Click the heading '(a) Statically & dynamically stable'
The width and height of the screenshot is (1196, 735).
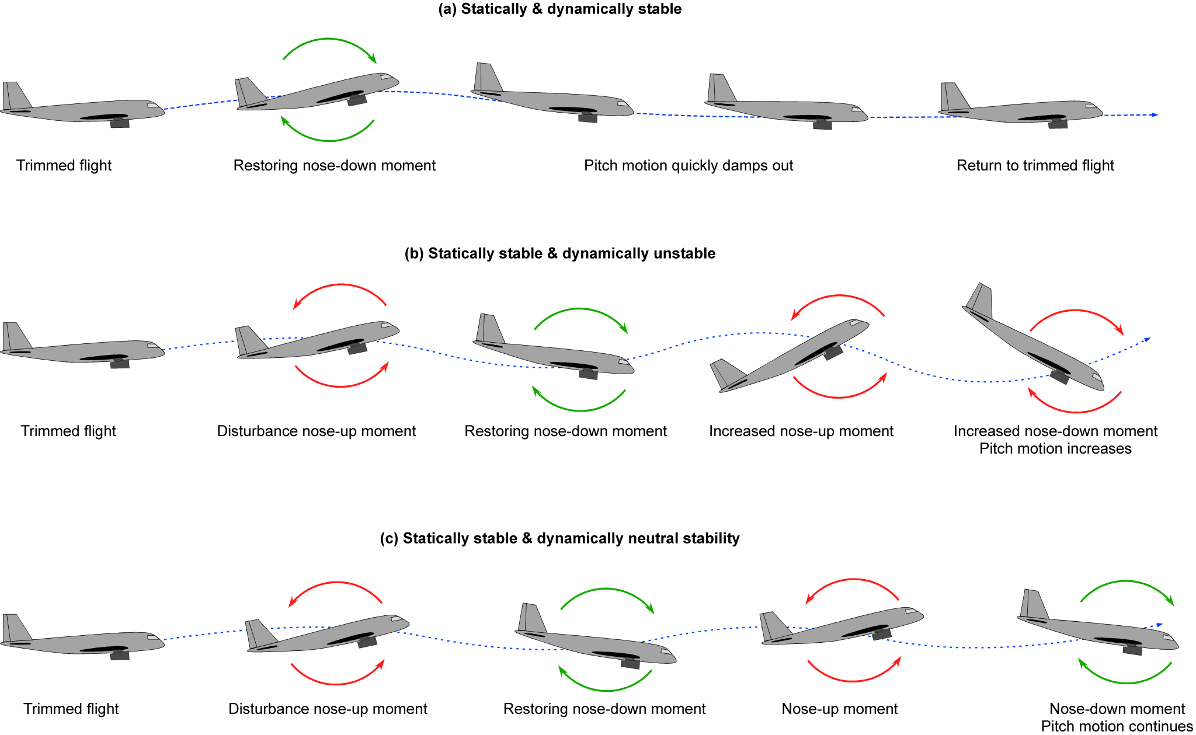559,9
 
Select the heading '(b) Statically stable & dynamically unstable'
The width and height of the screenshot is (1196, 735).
559,253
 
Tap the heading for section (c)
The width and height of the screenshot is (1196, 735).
559,538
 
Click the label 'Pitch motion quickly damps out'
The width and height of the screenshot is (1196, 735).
688,166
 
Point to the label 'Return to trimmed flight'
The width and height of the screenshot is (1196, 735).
1035,166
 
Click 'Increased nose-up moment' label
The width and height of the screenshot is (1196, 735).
801,431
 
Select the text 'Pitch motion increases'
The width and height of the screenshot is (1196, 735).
1055,449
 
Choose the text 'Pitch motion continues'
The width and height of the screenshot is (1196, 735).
1116,726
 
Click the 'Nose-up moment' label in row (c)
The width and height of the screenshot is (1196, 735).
839,709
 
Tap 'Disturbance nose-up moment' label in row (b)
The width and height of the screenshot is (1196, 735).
316,431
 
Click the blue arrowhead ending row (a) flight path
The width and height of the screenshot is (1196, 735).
1154,115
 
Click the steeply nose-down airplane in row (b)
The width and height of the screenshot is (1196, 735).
1034,339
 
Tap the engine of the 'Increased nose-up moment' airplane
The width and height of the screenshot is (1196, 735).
833,352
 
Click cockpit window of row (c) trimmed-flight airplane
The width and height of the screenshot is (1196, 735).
154,638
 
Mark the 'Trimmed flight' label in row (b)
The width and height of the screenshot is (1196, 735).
68,431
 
